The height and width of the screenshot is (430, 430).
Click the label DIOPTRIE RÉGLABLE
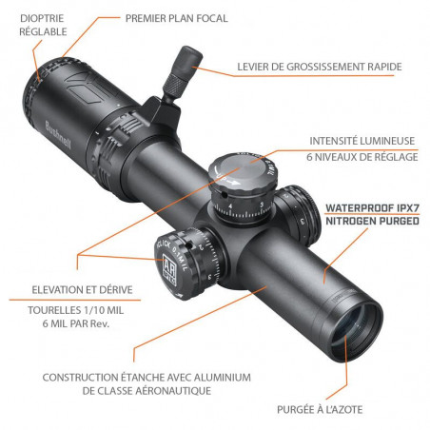point(42,24)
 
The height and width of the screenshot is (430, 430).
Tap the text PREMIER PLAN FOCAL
point(175,18)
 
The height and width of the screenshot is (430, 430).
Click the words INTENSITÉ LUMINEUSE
point(362,141)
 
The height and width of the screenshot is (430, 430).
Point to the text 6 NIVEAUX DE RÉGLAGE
point(362,157)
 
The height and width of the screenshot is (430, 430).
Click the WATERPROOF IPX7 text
point(372,206)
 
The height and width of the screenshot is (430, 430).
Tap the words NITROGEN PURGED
point(372,222)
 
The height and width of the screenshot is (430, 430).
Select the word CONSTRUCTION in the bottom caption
point(87,376)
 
